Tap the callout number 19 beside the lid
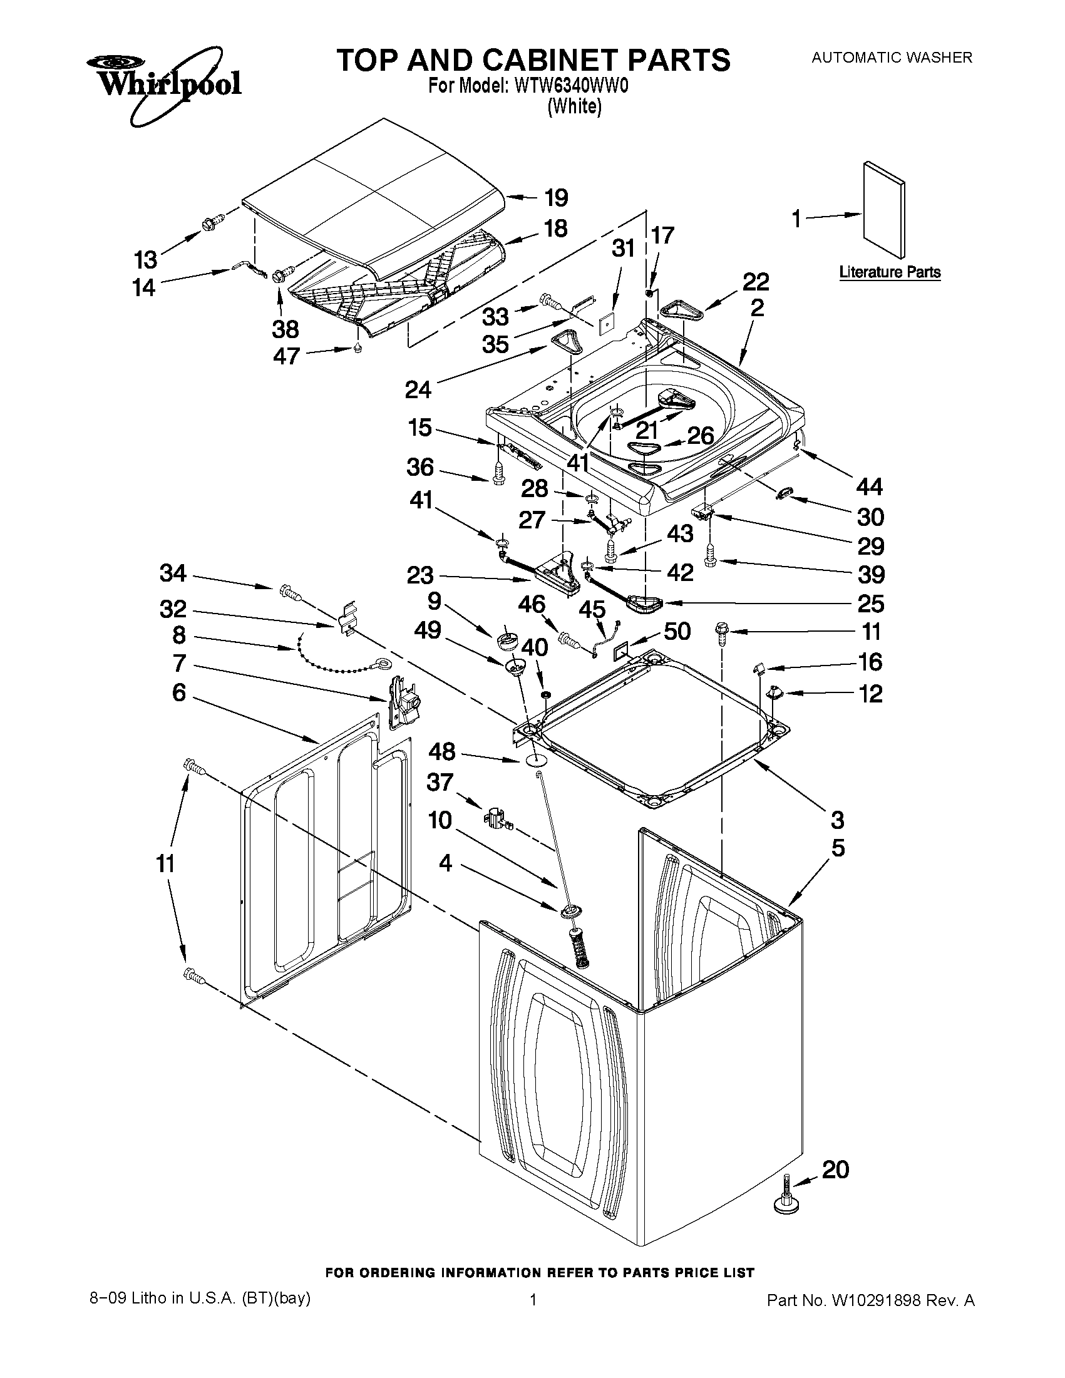(556, 197)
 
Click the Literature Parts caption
(890, 272)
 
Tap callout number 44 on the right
(870, 486)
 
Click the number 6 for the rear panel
(179, 693)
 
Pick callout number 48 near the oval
(441, 751)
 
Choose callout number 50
(677, 631)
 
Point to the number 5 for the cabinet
(837, 848)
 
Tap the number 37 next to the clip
(440, 782)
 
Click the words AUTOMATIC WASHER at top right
(891, 58)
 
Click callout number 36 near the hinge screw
(419, 468)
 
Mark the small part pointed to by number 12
(773, 693)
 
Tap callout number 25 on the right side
(870, 604)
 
